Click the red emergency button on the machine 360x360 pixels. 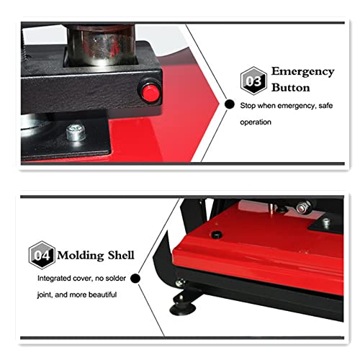click(150, 91)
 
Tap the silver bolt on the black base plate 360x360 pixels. click(74, 133)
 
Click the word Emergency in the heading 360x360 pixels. click(302, 71)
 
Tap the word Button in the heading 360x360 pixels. click(290, 88)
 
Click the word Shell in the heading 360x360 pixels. click(122, 256)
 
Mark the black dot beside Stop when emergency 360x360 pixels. click(230, 105)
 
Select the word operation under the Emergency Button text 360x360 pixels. click(256, 122)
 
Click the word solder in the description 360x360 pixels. click(122, 277)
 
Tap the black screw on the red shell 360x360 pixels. click(217, 235)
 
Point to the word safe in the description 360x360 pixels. click(320, 106)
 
